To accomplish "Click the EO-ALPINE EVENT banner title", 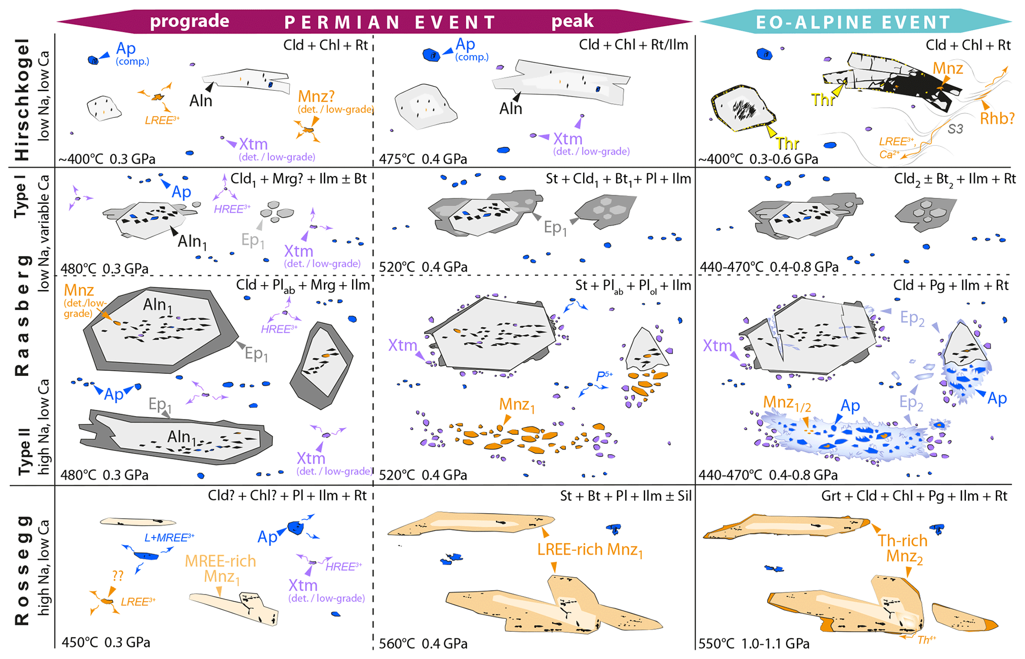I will (853, 22).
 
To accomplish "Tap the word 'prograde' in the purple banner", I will (189, 21).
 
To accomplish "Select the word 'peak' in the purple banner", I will (572, 21).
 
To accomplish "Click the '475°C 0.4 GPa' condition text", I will (423, 159).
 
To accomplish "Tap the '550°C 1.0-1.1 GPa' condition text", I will (754, 644).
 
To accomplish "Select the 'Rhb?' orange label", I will (997, 119).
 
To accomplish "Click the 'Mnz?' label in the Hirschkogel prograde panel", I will (316, 96).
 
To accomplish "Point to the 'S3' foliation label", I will (955, 129).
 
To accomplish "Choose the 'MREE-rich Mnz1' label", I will (221, 568).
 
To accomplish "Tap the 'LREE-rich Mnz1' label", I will (590, 549).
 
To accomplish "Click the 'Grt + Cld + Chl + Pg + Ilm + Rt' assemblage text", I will (914, 496).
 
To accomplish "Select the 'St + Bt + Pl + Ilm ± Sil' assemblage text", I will (625, 496).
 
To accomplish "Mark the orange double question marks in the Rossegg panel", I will (118, 576).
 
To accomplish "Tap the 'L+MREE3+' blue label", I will (169, 538).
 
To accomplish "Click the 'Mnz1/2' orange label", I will (787, 403).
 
